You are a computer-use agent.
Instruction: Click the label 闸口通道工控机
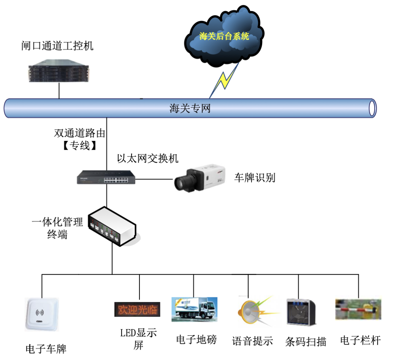pyautogui.click(x=57, y=46)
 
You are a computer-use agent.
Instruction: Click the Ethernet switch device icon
pyautogui.click(x=106, y=177)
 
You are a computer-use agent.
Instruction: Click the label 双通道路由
pyautogui.click(x=79, y=133)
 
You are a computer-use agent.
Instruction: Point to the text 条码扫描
pyautogui.click(x=306, y=341)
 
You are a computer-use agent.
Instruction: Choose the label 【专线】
pyautogui.click(x=79, y=145)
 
